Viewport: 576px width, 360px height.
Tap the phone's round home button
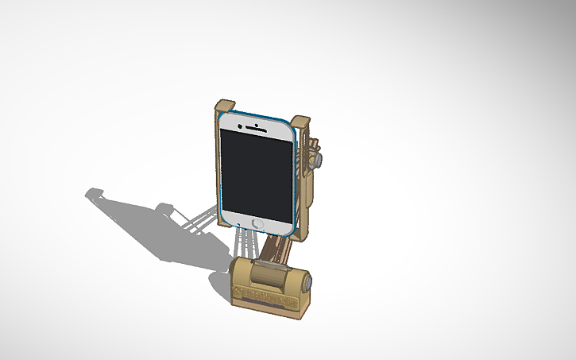257,222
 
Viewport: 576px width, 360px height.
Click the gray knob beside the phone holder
318,159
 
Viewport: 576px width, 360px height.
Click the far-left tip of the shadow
89,193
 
